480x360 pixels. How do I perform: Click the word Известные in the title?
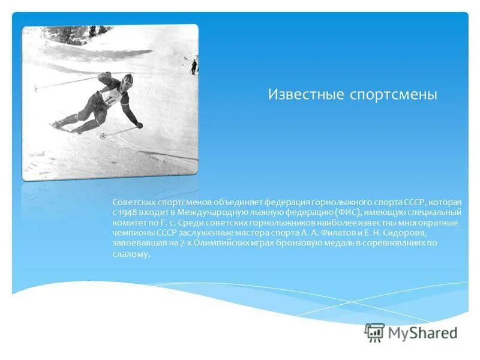coord(304,95)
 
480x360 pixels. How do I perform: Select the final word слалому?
coord(130,254)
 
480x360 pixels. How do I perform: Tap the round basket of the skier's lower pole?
coord(102,136)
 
